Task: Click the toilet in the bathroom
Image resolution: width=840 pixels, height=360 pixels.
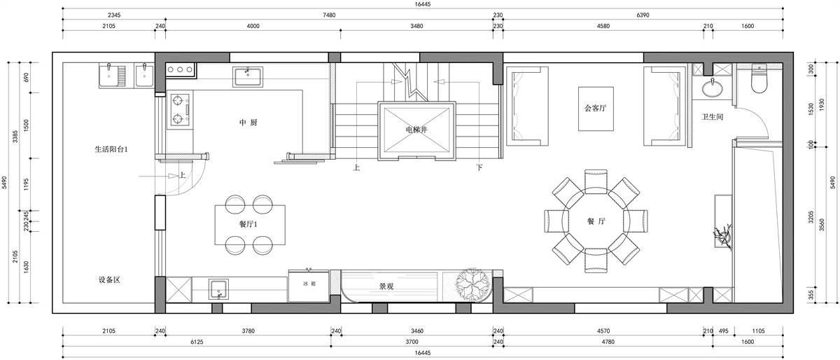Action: tap(759, 79)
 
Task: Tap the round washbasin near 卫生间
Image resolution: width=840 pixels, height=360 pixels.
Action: tap(712, 88)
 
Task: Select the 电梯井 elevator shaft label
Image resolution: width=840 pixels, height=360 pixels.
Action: tap(416, 130)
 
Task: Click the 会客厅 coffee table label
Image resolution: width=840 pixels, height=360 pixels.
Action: tap(595, 108)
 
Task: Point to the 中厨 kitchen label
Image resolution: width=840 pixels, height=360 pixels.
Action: tap(248, 123)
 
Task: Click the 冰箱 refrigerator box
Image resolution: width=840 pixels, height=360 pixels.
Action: tap(309, 286)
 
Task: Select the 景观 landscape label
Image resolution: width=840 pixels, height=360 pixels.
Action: tap(386, 286)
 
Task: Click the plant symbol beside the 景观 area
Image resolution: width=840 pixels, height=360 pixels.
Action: tap(473, 284)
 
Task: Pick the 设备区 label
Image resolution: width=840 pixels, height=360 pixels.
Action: tap(109, 279)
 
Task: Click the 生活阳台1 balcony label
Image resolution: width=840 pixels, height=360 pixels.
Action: tap(111, 149)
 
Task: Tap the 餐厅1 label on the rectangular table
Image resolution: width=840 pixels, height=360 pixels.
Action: tap(248, 224)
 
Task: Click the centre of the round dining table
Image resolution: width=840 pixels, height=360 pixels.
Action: tap(596, 221)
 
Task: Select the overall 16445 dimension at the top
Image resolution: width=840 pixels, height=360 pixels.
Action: tap(423, 4)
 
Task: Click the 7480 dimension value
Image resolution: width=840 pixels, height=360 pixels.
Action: tap(329, 15)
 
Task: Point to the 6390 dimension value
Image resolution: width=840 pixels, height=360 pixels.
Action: tap(643, 15)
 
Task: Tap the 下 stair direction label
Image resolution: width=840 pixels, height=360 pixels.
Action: tap(479, 167)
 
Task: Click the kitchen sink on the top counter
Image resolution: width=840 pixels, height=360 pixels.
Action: tap(248, 76)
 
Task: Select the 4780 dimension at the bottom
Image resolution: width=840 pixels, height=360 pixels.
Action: tap(608, 342)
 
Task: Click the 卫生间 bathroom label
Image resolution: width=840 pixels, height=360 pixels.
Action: tap(712, 117)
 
